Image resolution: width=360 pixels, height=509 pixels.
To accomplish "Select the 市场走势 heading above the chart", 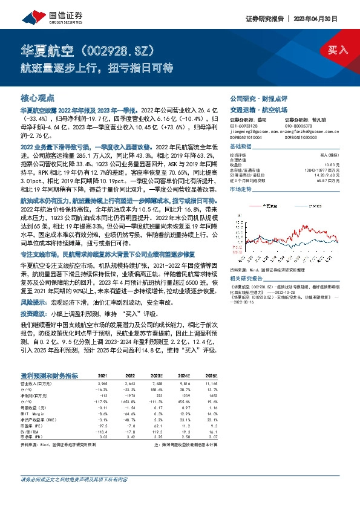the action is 242,190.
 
